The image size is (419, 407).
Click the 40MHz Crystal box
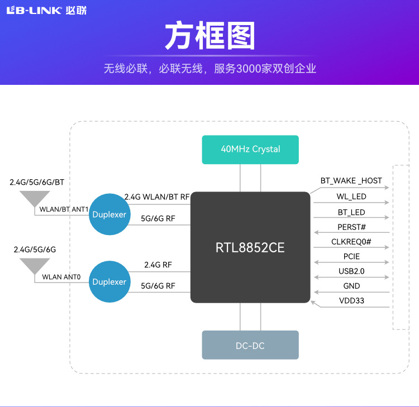(250, 149)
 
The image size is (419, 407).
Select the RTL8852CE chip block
(250, 247)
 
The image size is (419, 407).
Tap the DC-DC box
(250, 346)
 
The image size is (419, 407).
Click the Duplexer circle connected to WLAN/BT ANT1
(109, 214)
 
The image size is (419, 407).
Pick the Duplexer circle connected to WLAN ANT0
(109, 282)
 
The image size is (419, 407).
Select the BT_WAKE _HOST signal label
(351, 181)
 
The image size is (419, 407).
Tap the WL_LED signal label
(351, 197)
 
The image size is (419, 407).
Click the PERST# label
(351, 227)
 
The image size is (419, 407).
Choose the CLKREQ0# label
(351, 242)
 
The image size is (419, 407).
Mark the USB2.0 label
(351, 272)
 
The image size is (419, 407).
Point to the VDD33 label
(351, 301)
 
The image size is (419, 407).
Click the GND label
(351, 286)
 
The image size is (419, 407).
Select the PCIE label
(351, 257)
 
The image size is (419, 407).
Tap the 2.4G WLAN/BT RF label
(157, 197)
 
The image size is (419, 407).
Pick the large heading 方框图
(209, 36)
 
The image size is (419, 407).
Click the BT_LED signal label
(351, 212)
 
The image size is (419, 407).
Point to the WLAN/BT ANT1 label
(64, 209)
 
